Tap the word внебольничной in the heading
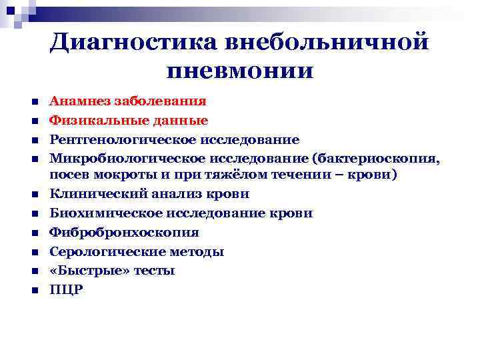click(x=325, y=41)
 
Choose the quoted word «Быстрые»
click(x=82, y=271)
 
